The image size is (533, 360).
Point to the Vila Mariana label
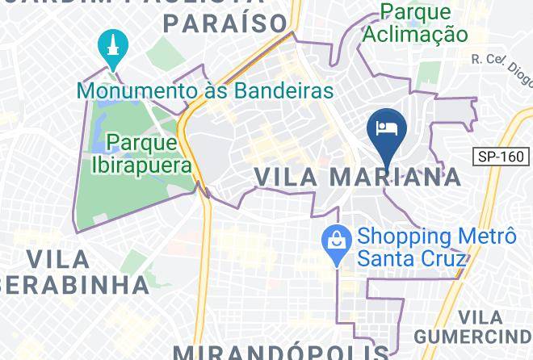click(358, 176)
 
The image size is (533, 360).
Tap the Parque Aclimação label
click(414, 23)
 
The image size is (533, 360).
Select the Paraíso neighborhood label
click(225, 22)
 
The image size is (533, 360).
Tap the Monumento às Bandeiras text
click(206, 90)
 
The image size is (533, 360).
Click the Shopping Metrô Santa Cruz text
click(436, 247)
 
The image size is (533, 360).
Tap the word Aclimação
click(414, 34)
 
